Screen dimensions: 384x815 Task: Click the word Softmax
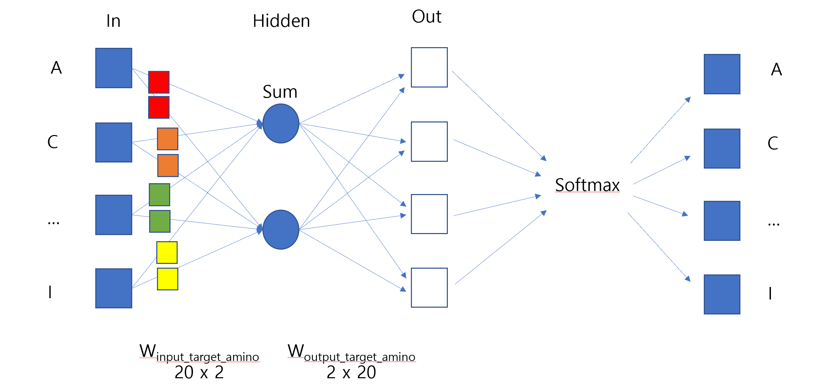point(587,185)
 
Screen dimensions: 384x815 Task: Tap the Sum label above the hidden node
point(280,92)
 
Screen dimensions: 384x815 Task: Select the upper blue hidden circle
point(281,123)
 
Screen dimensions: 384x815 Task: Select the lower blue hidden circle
point(281,230)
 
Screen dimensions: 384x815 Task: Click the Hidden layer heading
point(281,21)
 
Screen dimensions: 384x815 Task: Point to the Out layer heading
point(426,17)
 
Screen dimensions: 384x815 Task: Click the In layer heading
point(113,21)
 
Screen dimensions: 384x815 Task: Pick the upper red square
point(159,82)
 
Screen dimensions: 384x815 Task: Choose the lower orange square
point(168,166)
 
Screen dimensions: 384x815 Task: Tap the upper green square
point(159,195)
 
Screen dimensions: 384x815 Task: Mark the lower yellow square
point(167,279)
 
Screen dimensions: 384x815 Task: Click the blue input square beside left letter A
point(114,68)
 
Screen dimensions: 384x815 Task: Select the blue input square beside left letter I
point(114,288)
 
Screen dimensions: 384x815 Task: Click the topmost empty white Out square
point(429,67)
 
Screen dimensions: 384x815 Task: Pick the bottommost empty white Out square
point(429,288)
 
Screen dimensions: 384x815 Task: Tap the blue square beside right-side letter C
point(722,149)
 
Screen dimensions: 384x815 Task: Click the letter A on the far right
point(776,70)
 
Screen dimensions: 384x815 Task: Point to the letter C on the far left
point(53,142)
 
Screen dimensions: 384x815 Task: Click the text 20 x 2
point(199,372)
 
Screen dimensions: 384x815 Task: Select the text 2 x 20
point(351,372)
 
